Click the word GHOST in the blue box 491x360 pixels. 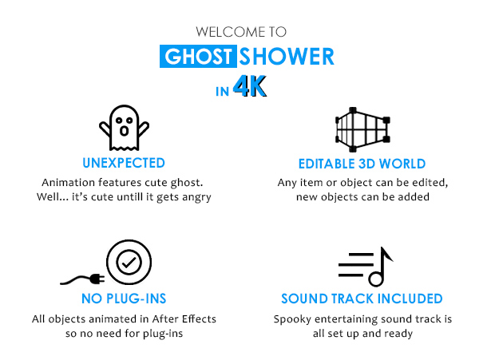198,57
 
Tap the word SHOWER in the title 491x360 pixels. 287,57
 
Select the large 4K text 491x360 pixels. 250,86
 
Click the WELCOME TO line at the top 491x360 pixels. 241,32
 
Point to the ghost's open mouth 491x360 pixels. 125,131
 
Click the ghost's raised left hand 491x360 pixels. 105,129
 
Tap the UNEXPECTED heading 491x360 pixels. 124,163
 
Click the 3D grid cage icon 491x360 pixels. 362,129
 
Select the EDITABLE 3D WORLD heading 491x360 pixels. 362,164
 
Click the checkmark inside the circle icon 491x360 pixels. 129,263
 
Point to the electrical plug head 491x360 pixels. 97,279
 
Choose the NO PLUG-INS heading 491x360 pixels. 124,299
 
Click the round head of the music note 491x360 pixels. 376,279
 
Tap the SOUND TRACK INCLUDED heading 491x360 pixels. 362,299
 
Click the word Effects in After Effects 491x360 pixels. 199,318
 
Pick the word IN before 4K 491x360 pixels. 222,92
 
